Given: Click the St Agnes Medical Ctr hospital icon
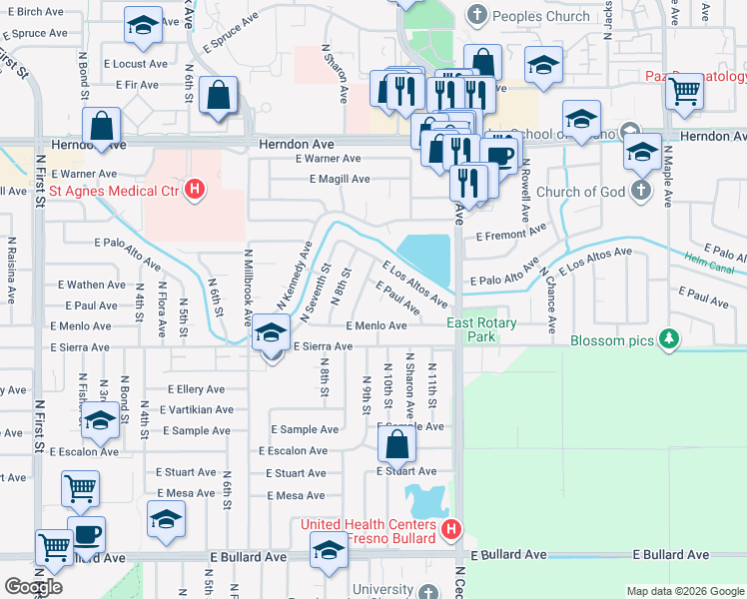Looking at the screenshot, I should point(196,190).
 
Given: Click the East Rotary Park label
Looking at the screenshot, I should point(481,329).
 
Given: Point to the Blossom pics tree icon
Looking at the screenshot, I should point(668,340).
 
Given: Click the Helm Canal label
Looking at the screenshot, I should point(709,266).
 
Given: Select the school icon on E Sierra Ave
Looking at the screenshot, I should point(270,333).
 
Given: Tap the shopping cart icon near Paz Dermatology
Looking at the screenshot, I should point(685,92).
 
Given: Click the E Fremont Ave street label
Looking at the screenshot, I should point(511,234).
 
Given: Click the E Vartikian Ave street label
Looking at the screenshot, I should point(201,409).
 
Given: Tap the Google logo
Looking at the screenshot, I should point(33,587).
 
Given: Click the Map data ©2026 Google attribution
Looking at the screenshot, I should point(685,591).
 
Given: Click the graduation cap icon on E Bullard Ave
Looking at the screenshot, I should point(329,551).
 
